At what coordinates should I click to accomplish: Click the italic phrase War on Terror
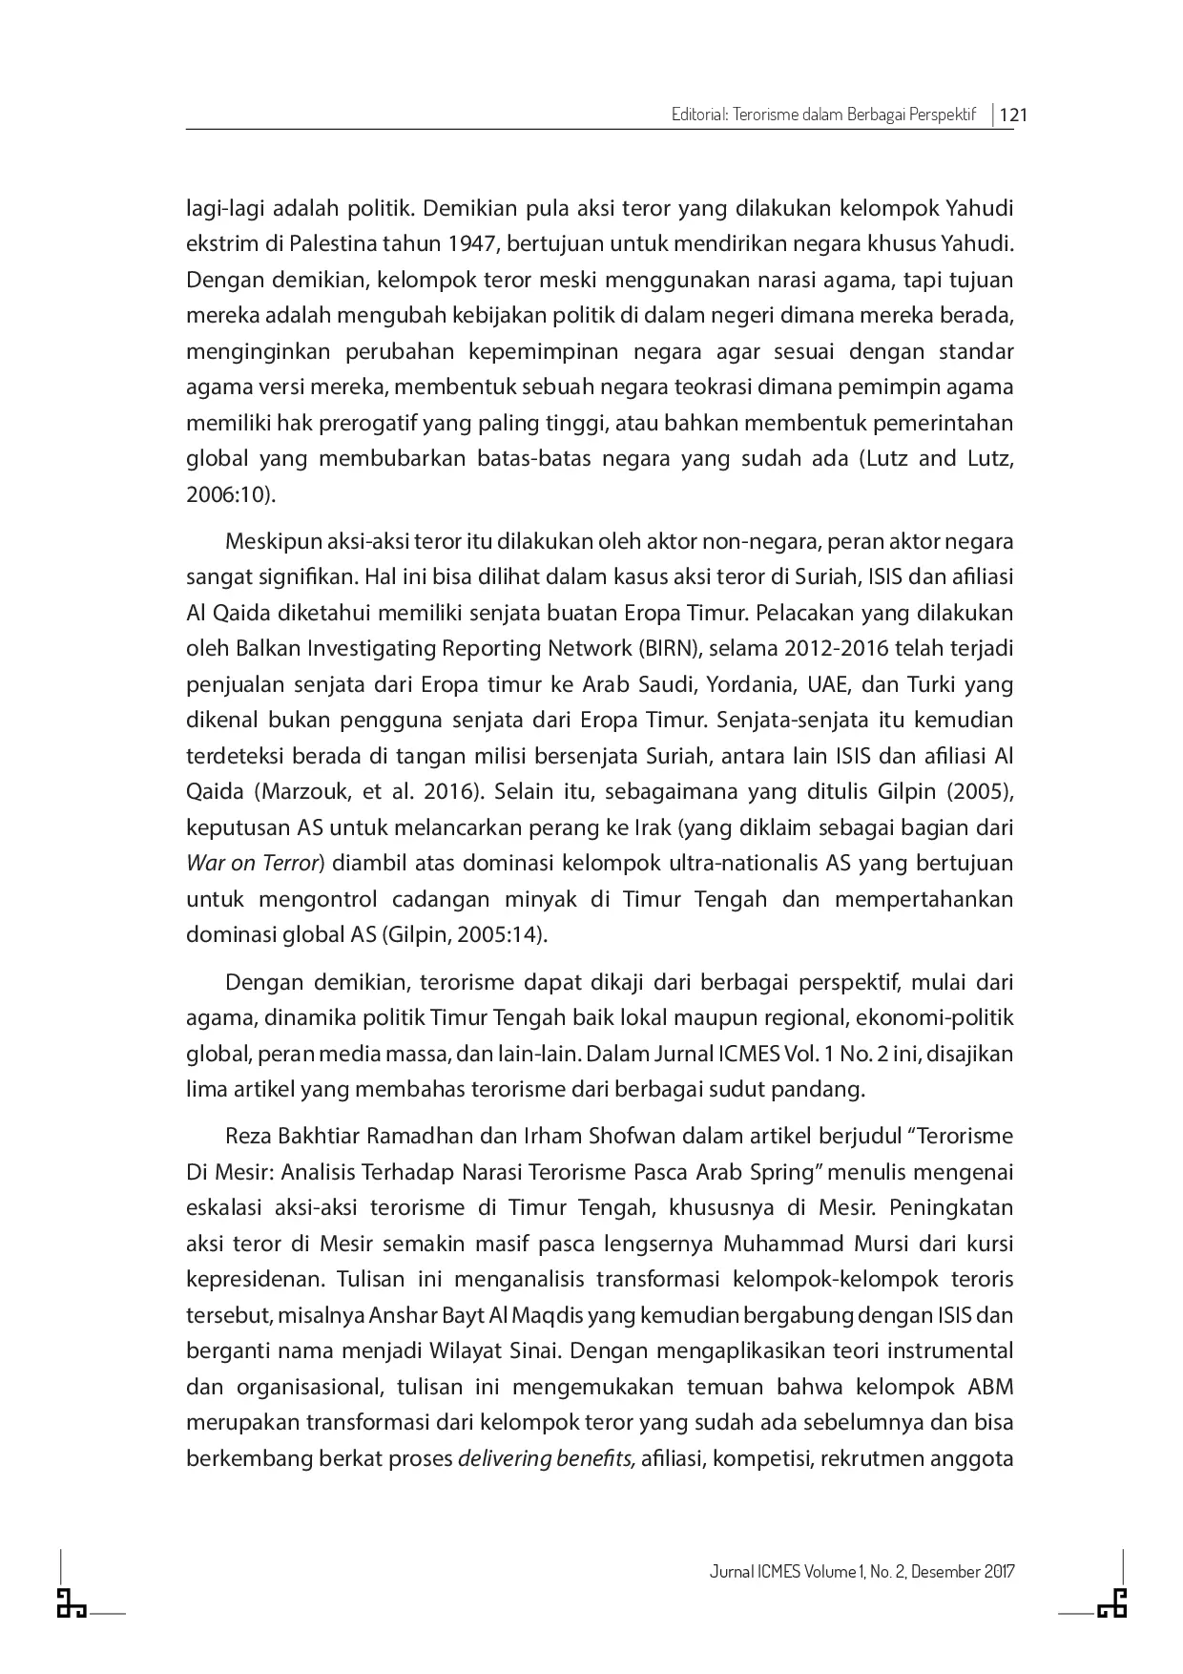252,864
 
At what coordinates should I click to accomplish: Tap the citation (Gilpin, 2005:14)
465,935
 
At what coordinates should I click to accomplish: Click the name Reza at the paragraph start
248,1137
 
